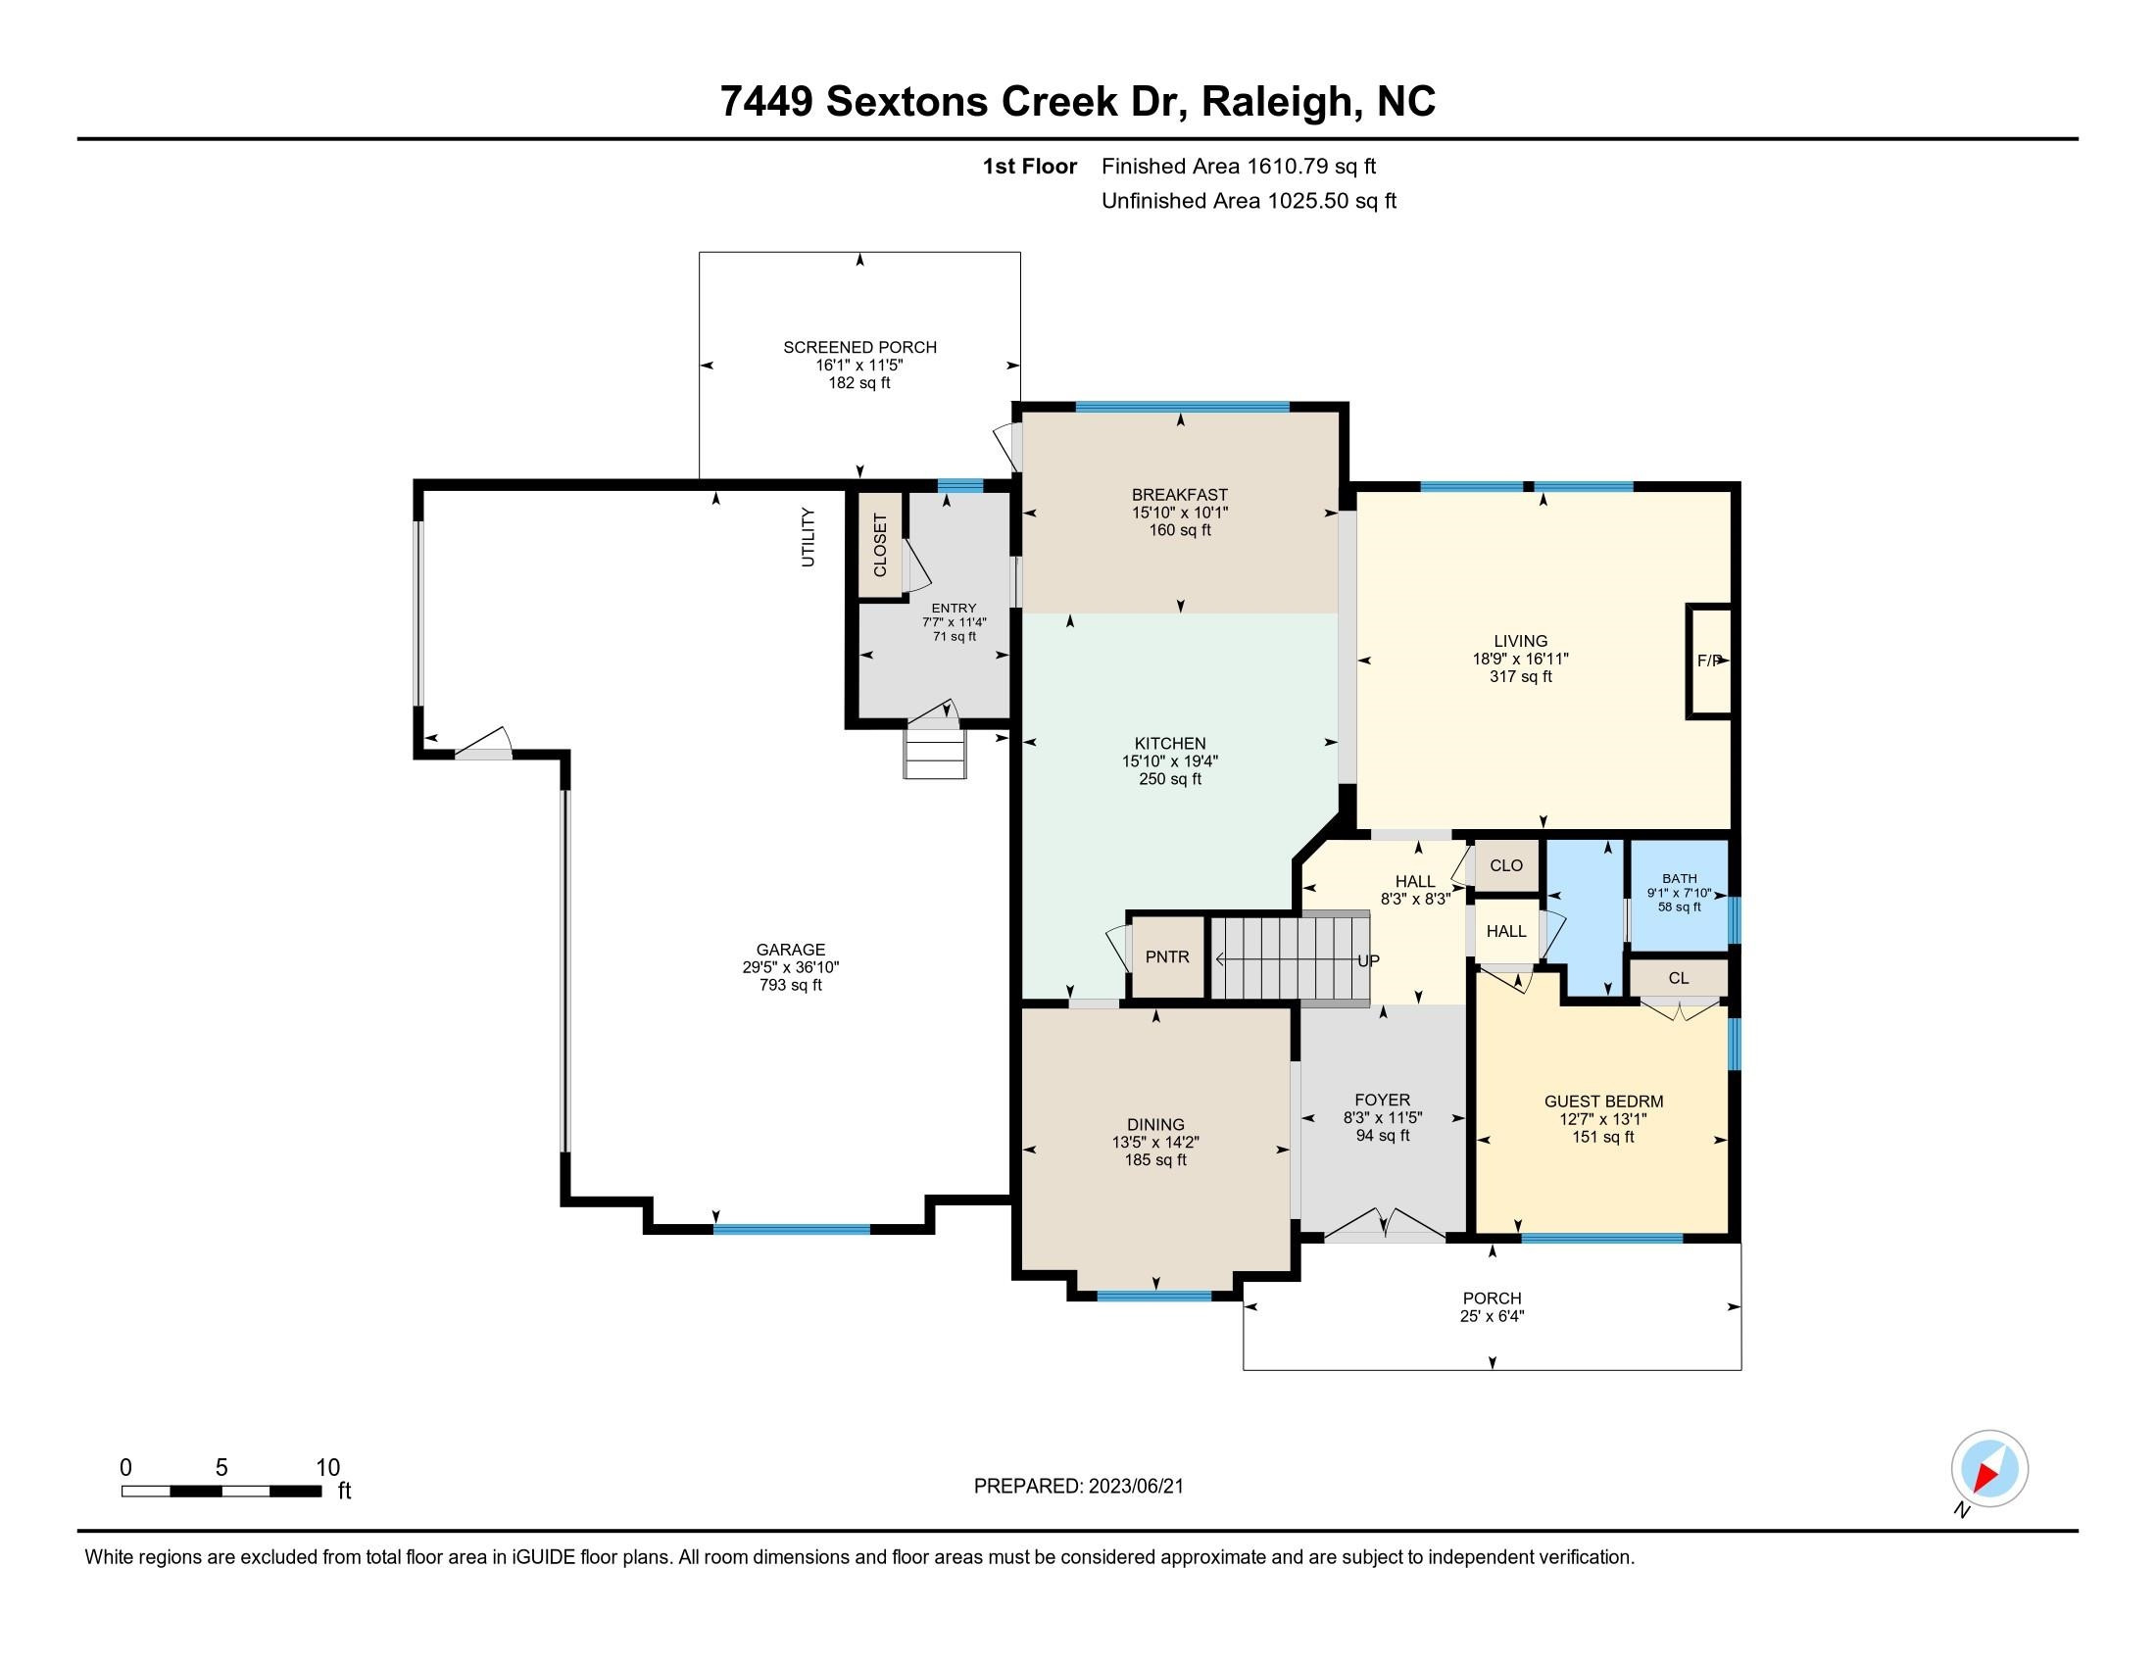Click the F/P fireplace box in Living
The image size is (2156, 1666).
coord(1710,661)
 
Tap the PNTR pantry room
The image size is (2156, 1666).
coord(1167,956)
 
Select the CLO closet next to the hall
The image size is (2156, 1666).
coord(1505,865)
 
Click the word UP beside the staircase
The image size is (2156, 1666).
coord(1368,960)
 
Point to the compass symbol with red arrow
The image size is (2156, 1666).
coord(1989,1469)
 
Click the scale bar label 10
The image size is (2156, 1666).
coord(327,1468)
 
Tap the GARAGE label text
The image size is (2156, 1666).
coord(791,950)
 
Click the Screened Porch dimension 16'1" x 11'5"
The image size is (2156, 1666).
coord(858,366)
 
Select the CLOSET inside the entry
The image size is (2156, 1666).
coord(880,546)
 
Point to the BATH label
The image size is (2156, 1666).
coord(1679,878)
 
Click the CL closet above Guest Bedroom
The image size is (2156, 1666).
coord(1678,978)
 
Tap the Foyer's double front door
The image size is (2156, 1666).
coord(1384,1225)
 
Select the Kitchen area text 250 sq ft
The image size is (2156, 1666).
coord(1170,779)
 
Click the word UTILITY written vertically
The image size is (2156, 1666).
coord(808,537)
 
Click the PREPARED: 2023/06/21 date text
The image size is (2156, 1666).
coord(1078,1487)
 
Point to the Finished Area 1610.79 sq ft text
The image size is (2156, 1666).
coord(1238,167)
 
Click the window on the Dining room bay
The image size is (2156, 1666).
coord(1154,1296)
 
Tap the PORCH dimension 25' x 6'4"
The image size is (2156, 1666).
coord(1492,1315)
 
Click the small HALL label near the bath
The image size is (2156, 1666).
coord(1506,931)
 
